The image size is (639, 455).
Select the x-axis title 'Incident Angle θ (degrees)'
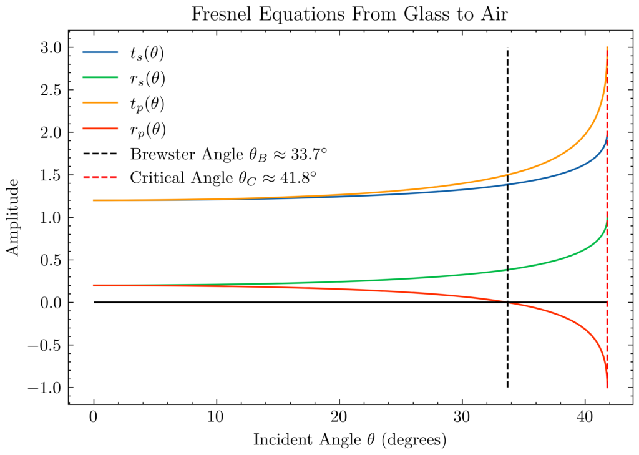click(x=350, y=439)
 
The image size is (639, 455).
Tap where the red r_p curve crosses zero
click(x=507, y=303)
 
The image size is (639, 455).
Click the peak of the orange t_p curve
click(x=607, y=48)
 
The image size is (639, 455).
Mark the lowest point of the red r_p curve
click(x=607, y=387)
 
